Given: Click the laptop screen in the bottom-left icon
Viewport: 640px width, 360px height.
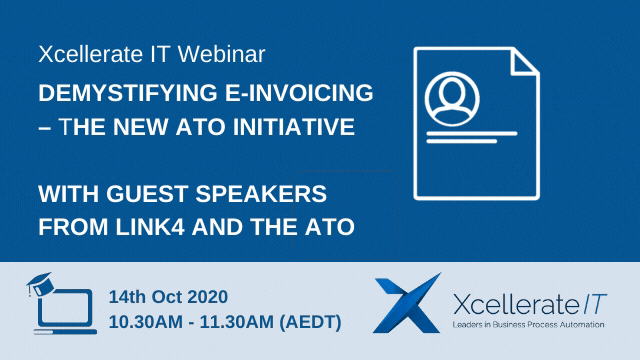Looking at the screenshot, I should click(x=62, y=309).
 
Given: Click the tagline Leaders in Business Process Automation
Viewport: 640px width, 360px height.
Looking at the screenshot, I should click(x=527, y=325).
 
